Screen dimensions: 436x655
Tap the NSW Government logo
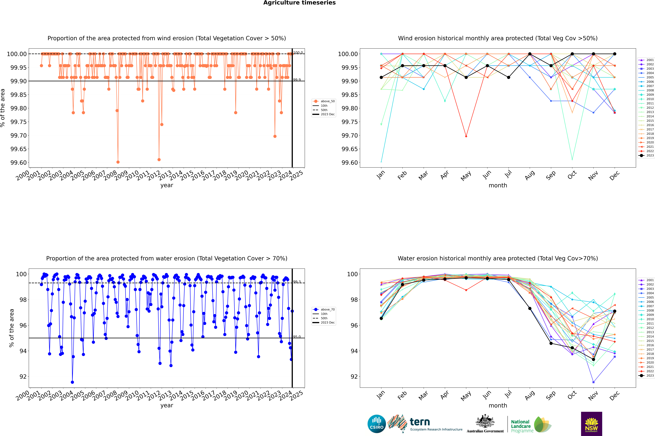(591, 424)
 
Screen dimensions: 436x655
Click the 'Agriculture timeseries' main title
(299, 3)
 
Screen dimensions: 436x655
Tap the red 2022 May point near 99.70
(466, 136)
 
